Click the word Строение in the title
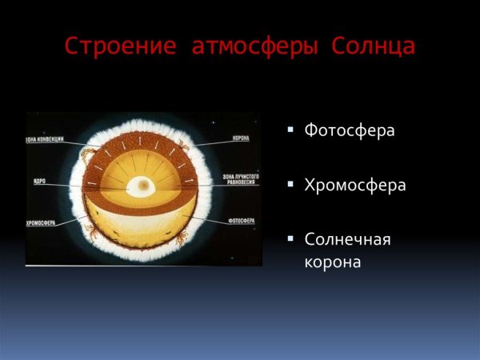121,46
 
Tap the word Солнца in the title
372,46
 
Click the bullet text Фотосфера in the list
350,130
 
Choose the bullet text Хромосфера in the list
355,185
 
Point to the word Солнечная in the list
348,239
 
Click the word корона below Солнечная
333,261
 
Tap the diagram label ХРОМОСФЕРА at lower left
41,223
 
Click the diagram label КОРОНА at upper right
241,138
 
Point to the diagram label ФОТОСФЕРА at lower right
241,219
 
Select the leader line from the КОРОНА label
212,142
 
